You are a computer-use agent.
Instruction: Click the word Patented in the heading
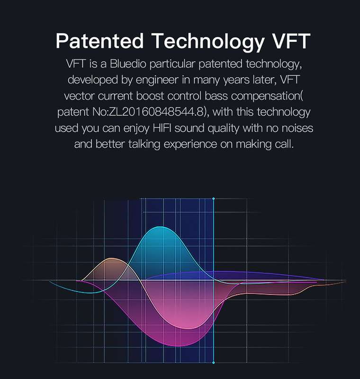coord(99,41)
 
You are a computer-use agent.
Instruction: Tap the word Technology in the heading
coord(208,42)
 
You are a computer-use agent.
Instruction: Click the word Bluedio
coord(128,64)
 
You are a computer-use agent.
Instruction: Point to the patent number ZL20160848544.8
coord(156,112)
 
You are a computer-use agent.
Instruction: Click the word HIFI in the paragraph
coord(162,128)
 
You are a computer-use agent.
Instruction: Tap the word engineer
coord(157,80)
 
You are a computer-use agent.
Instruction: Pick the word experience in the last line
coord(190,144)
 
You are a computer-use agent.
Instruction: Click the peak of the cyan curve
coord(162,227)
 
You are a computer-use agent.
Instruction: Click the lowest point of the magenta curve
coord(178,346)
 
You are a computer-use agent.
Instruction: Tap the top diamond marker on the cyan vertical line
coord(213,199)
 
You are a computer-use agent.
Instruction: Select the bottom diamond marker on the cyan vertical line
coord(213,362)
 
